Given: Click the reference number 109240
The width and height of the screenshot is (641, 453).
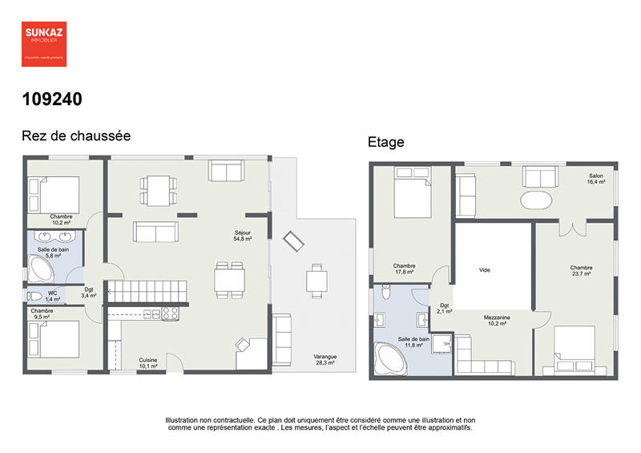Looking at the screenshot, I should click(x=51, y=99).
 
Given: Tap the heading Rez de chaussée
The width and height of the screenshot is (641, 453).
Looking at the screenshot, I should click(x=75, y=136).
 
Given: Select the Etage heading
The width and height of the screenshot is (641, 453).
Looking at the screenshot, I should click(x=386, y=143).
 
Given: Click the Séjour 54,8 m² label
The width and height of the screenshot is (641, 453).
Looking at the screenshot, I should click(x=243, y=236).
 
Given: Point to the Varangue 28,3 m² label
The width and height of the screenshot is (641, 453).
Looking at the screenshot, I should click(x=325, y=359).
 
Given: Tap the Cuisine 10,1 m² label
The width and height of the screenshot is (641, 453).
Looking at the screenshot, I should click(x=148, y=362).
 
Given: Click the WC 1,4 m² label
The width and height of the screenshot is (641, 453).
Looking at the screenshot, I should click(x=52, y=295).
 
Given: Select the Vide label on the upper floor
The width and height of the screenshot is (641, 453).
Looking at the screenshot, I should click(x=484, y=270).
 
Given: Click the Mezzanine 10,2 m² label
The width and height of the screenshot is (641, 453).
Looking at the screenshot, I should click(x=497, y=321).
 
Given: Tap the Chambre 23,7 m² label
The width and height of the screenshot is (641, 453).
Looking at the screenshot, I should click(x=581, y=270).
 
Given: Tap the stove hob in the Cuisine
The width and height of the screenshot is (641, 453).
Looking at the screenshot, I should click(x=170, y=313).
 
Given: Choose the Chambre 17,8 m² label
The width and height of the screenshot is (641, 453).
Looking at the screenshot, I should click(x=404, y=269).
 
